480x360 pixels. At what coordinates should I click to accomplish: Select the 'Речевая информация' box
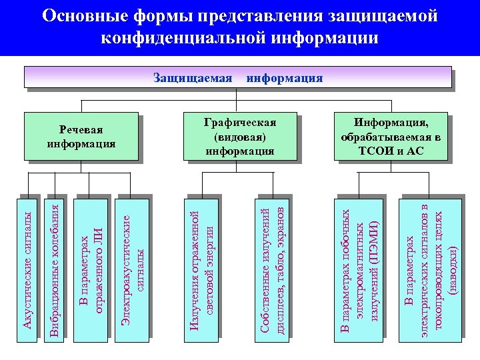coord(81,137)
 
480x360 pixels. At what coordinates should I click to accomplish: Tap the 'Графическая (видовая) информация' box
coord(239,137)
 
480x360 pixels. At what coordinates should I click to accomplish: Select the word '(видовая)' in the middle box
coord(239,137)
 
